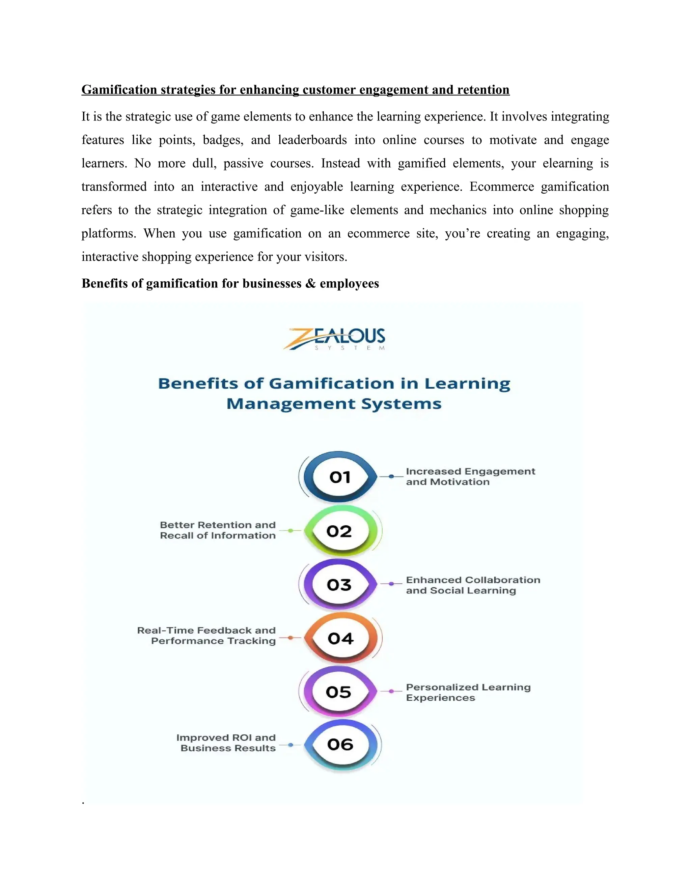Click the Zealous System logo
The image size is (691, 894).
[x=334, y=338]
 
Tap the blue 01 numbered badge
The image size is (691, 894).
[x=340, y=477]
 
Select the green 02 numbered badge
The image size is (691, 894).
[x=339, y=531]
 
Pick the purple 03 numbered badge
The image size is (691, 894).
[x=339, y=585]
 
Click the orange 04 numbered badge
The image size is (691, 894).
[x=340, y=638]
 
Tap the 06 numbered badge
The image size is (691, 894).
[x=340, y=744]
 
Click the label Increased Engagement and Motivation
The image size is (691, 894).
[x=470, y=476]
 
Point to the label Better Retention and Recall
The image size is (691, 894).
[x=218, y=530]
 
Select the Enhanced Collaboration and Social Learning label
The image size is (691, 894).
[x=473, y=585]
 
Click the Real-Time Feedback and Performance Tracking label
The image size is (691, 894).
[x=207, y=636]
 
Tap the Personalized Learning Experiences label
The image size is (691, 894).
[x=468, y=692]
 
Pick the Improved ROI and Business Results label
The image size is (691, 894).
[x=226, y=743]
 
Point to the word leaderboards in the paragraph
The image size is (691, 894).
[x=312, y=140]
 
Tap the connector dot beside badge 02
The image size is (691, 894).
[x=290, y=531]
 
